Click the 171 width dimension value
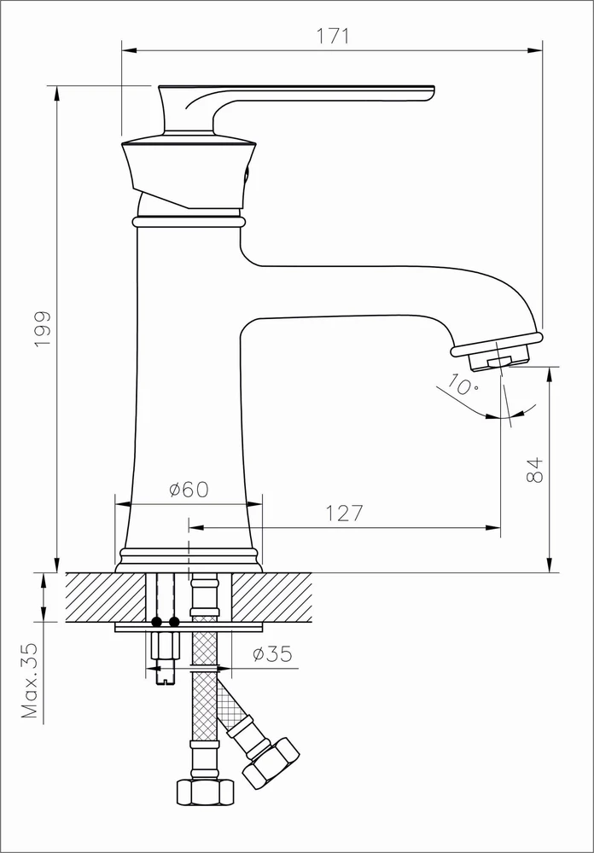pyautogui.click(x=332, y=36)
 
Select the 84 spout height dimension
pyautogui.click(x=536, y=471)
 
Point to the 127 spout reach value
pyautogui.click(x=344, y=513)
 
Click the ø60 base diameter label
pyautogui.click(x=189, y=490)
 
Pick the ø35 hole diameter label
pyautogui.click(x=272, y=653)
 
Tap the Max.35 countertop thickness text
pyautogui.click(x=30, y=681)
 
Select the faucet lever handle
pyautogui.click(x=296, y=108)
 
